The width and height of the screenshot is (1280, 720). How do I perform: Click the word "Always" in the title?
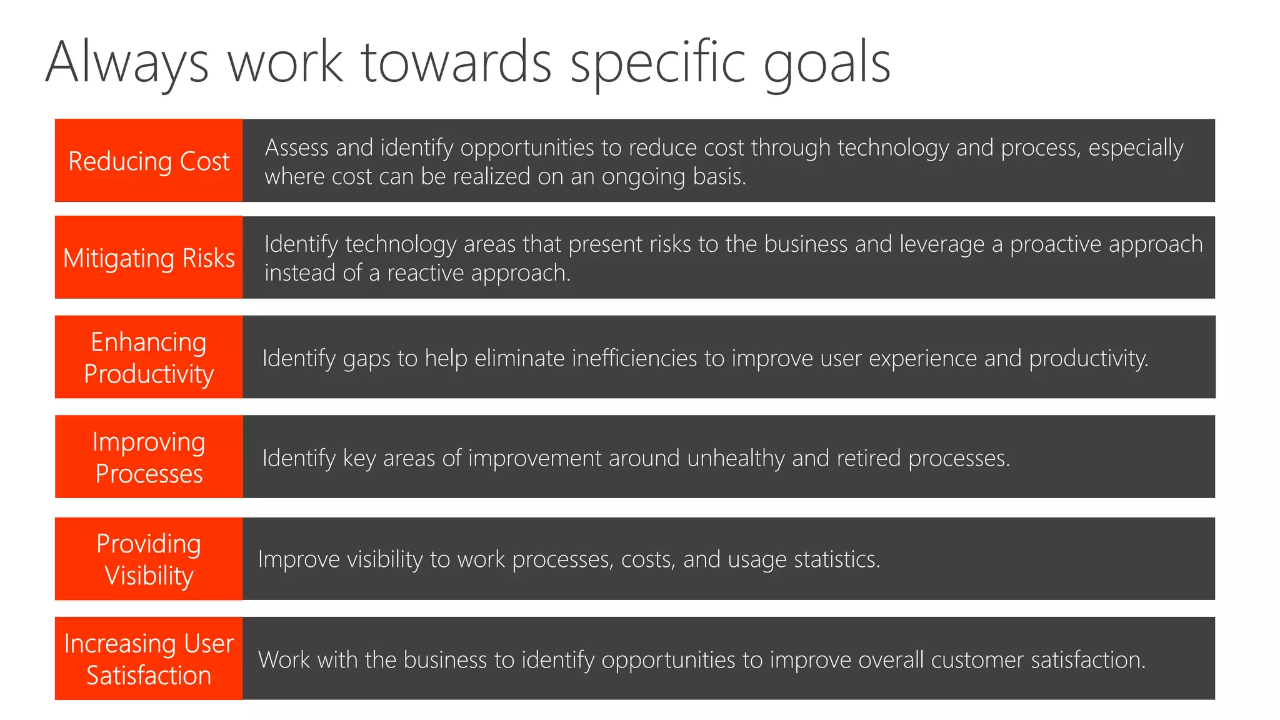(127, 62)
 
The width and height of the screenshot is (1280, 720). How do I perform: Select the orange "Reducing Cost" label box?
(149, 161)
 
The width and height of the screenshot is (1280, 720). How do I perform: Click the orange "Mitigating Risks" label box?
(149, 257)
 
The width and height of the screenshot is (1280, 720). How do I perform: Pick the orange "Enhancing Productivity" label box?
(149, 357)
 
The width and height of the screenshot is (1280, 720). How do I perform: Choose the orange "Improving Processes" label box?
(149, 457)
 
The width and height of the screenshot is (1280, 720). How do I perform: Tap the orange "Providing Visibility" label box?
(149, 559)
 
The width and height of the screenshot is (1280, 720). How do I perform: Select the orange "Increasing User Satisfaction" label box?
(149, 659)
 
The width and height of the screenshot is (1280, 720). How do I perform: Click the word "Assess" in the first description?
(296, 147)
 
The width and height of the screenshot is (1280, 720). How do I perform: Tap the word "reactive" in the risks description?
(426, 273)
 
